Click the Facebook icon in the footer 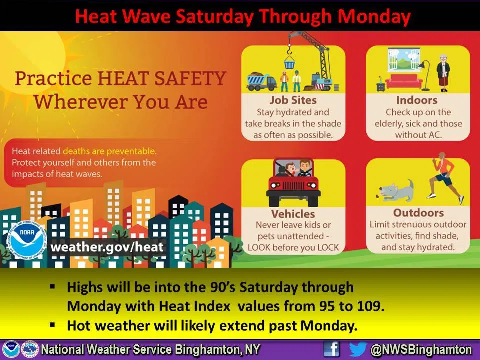pyautogui.click(x=331, y=349)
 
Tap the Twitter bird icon pyautogui.click(x=358, y=349)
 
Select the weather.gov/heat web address pyautogui.click(x=107, y=247)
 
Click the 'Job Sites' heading pyautogui.click(x=293, y=100)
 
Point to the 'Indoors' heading pyautogui.click(x=417, y=100)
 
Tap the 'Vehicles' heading pyautogui.click(x=293, y=213)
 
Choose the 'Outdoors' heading pyautogui.click(x=418, y=213)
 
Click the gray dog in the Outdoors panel pyautogui.click(x=396, y=191)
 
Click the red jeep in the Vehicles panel pyautogui.click(x=293, y=183)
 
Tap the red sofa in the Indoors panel pyautogui.click(x=404, y=81)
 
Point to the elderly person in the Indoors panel pyautogui.click(x=443, y=73)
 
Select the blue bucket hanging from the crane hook pyautogui.click(x=289, y=65)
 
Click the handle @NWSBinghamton pyautogui.click(x=421, y=349)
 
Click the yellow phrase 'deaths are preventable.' pyautogui.click(x=110, y=151)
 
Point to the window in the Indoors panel pyautogui.click(x=403, y=59)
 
